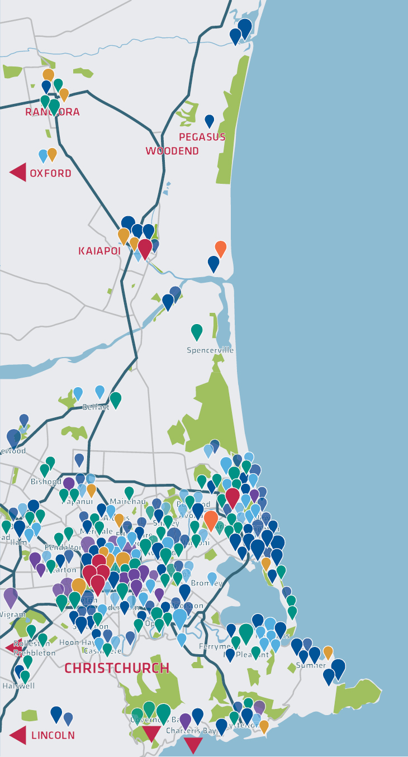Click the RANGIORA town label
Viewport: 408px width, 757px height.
53,112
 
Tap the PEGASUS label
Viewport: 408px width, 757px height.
202,137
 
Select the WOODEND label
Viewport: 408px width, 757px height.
172,151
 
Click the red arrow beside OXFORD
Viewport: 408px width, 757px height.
18,172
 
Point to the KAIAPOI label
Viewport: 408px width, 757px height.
99,251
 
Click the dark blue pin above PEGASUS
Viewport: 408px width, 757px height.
210,120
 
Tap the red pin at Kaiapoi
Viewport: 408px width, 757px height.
145,247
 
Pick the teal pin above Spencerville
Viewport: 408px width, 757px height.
197,331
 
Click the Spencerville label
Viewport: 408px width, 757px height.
210,350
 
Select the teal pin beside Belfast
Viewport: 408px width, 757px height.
116,399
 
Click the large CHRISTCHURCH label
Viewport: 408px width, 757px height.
117,668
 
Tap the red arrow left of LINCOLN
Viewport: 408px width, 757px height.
18,735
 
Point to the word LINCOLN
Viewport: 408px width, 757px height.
53,735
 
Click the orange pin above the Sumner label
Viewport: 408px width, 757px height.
328,651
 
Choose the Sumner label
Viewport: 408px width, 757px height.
311,665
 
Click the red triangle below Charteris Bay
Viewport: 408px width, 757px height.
193,745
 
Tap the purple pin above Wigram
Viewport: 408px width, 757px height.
11,596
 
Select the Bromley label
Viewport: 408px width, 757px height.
206,583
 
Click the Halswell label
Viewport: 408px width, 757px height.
15,685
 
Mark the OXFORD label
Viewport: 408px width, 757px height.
50,173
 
